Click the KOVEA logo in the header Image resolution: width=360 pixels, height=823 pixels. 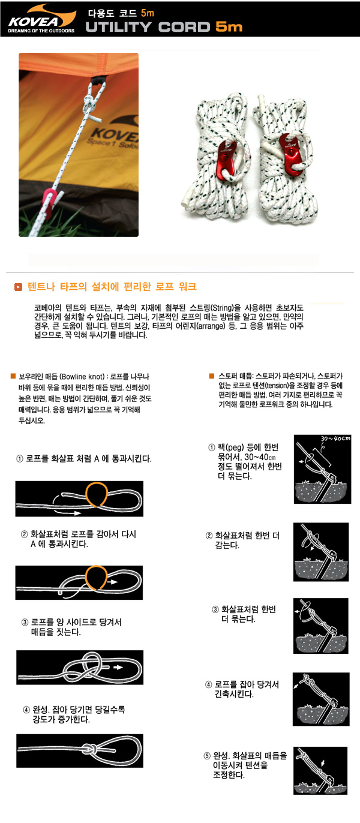pyautogui.click(x=41, y=19)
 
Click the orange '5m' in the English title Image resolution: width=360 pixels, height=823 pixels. pyautogui.click(x=229, y=27)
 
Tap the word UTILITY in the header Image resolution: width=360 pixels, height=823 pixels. pyautogui.click(x=118, y=27)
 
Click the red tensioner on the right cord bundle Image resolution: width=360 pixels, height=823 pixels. pyautogui.click(x=292, y=154)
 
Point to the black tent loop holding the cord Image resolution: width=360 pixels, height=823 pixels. pyautogui.click(x=99, y=80)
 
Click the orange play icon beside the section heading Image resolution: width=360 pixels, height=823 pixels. pyautogui.click(x=18, y=287)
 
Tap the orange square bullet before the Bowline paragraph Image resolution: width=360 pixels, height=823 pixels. pyautogui.click(x=13, y=376)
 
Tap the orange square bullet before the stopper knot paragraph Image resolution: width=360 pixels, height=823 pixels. pyautogui.click(x=211, y=376)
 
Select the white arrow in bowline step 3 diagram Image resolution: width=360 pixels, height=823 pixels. pyautogui.click(x=118, y=667)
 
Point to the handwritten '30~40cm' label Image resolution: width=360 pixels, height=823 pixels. pyautogui.click(x=335, y=438)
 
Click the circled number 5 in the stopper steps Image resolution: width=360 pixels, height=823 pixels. pyautogui.click(x=207, y=756)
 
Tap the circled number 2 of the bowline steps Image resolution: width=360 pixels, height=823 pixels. pyautogui.click(x=24, y=534)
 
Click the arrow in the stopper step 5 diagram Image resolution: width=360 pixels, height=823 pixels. pyautogui.click(x=323, y=763)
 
